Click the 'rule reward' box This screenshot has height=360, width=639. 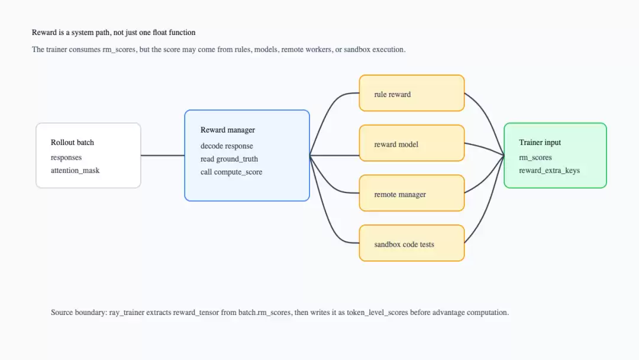[412, 93]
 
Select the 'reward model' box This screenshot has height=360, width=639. [412, 143]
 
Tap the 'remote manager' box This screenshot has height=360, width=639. [412, 193]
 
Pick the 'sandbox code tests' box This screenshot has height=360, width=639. [412, 243]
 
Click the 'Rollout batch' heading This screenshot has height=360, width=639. [72, 142]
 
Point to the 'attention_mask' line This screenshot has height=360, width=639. [75, 171]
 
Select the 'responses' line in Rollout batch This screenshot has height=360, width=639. [66, 157]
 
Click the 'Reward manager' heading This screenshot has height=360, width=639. [227, 130]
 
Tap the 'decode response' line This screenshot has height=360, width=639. [227, 146]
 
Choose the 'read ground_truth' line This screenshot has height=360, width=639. [229, 159]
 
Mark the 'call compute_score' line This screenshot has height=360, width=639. [231, 172]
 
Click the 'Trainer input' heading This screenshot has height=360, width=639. [540, 142]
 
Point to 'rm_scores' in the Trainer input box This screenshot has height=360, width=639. [535, 157]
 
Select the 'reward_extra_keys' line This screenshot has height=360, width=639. [549, 171]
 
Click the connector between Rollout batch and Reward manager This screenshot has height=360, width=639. [163, 155]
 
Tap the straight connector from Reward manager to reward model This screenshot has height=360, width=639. [334, 155]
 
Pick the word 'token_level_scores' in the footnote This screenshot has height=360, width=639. [377, 313]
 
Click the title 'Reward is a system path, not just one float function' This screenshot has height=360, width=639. [114, 33]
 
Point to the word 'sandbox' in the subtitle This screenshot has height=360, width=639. [357, 49]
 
